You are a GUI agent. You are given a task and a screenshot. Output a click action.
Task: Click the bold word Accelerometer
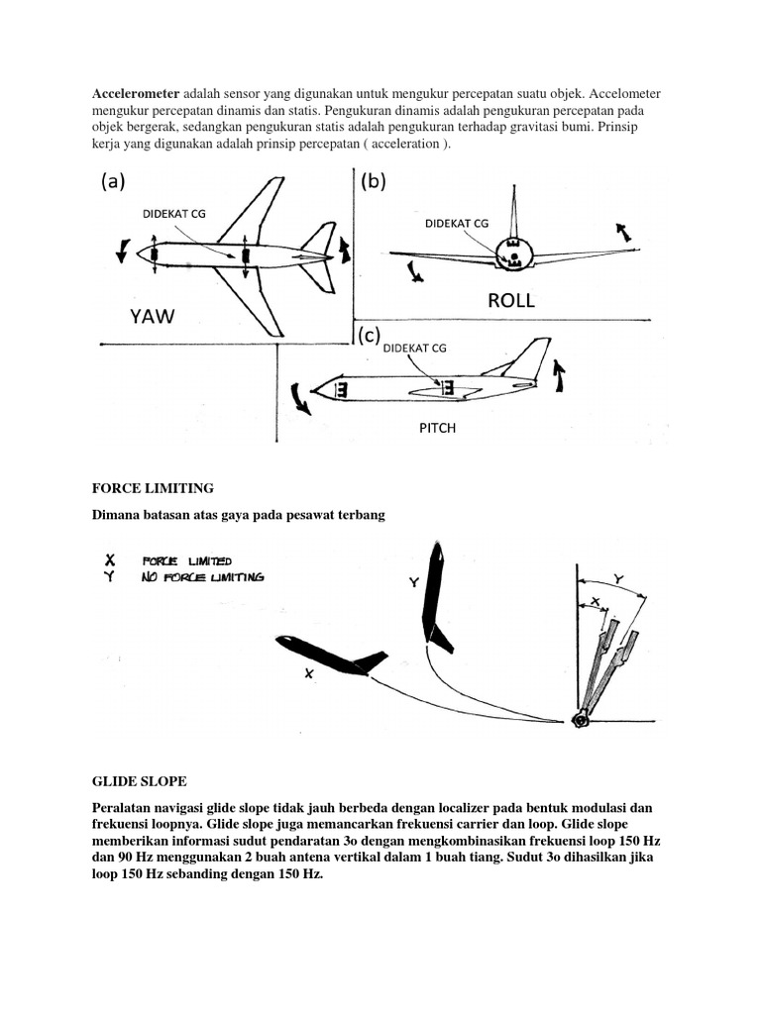[132, 93]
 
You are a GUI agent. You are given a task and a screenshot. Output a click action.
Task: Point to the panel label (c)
[369, 336]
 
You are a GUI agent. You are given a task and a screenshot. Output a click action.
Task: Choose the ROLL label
[510, 300]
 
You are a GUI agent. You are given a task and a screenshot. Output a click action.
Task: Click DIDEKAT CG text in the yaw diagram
[173, 213]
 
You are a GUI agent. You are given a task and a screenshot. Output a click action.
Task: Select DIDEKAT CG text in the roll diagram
[457, 223]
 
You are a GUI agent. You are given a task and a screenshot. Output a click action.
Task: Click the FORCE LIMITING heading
[153, 488]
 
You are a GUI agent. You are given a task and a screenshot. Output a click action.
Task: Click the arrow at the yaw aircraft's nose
[122, 252]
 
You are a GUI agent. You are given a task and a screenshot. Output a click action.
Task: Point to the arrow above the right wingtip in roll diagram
[623, 233]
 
